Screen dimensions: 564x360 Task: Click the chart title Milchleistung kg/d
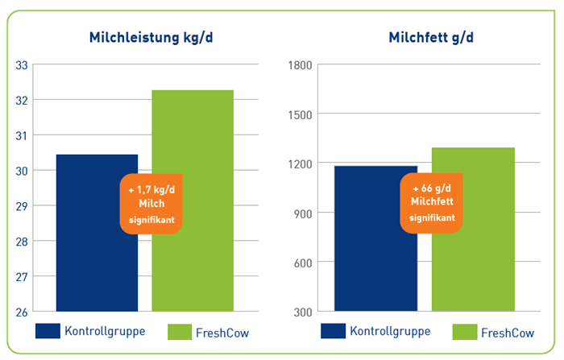pos(151,38)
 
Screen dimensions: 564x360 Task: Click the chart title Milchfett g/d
pos(431,38)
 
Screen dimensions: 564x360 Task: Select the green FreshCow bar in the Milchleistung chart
pos(193,201)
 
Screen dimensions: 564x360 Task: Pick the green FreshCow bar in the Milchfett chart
pos(474,230)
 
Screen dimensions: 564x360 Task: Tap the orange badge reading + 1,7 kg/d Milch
pos(151,204)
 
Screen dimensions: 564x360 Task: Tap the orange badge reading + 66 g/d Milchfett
pos(431,203)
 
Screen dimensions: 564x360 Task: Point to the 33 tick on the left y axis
pos(22,65)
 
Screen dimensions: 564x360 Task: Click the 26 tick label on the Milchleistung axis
pos(22,312)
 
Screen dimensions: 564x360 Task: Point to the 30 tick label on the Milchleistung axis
pos(22,172)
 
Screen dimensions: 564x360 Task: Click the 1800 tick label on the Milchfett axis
pos(300,65)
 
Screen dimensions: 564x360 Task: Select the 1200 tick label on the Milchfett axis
pos(300,164)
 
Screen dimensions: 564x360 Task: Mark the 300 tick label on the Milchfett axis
pos(303,312)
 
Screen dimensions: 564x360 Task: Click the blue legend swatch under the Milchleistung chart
pos(48,331)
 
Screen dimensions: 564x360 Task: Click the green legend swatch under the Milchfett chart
pos(465,332)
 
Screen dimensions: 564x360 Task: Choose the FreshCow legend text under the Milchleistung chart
pos(222,333)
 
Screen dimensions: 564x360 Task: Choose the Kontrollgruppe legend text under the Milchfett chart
pos(390,332)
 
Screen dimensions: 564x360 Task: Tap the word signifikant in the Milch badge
pos(151,220)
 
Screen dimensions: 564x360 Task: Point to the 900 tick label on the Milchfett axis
pos(303,214)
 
